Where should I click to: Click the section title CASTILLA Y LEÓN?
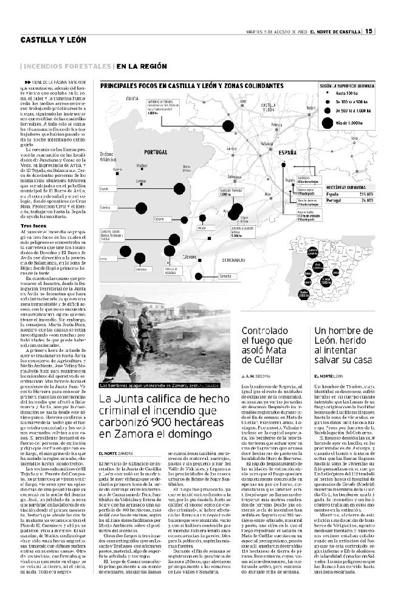[53, 41]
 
